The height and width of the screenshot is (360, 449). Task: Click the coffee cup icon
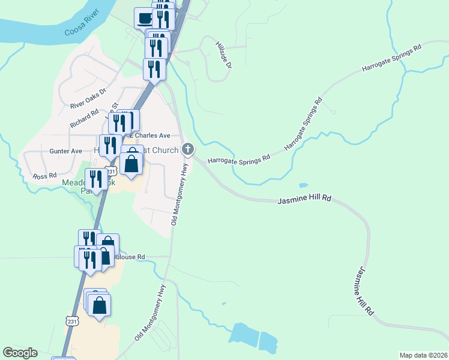point(145,18)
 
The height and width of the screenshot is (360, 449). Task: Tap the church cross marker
point(188,149)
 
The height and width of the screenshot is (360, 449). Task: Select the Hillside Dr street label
point(223,54)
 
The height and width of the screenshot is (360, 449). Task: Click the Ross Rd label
point(44,176)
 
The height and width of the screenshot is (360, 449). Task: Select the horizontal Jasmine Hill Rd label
point(305,197)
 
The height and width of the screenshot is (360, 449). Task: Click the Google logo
point(20,353)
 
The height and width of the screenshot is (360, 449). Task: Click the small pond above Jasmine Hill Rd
point(303,185)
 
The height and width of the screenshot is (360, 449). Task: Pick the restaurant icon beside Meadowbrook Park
point(96,179)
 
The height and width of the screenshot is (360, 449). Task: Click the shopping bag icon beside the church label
point(131,163)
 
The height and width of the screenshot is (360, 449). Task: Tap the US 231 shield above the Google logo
point(72,322)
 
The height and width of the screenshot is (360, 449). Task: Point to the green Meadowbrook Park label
point(75,186)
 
